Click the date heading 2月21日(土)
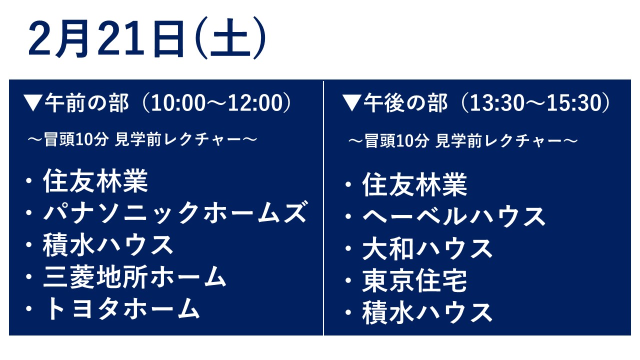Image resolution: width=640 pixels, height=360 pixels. (x=147, y=38)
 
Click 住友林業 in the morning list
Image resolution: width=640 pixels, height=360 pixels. (x=95, y=180)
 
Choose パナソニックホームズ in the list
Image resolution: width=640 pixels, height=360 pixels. (x=175, y=212)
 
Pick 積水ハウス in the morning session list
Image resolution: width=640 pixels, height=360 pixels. (x=108, y=244)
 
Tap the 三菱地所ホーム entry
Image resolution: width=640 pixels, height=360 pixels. (x=134, y=276)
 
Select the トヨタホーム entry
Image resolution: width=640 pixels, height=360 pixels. (x=121, y=308)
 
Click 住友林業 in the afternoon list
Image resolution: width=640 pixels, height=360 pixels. (x=414, y=184)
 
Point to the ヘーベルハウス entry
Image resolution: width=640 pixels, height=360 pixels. (x=454, y=216)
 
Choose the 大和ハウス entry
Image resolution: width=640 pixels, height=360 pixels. (x=427, y=248)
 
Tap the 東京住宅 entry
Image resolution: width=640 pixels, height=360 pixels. (x=414, y=280)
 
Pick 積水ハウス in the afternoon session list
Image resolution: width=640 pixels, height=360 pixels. (x=427, y=312)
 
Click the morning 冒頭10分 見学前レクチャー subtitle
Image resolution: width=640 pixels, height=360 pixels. (x=142, y=139)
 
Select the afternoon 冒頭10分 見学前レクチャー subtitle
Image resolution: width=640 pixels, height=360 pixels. (x=463, y=141)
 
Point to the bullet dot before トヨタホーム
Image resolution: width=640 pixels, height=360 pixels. (x=28, y=309)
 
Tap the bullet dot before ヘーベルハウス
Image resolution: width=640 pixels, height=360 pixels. (x=348, y=216)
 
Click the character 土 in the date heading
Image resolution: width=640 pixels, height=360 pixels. (x=230, y=38)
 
